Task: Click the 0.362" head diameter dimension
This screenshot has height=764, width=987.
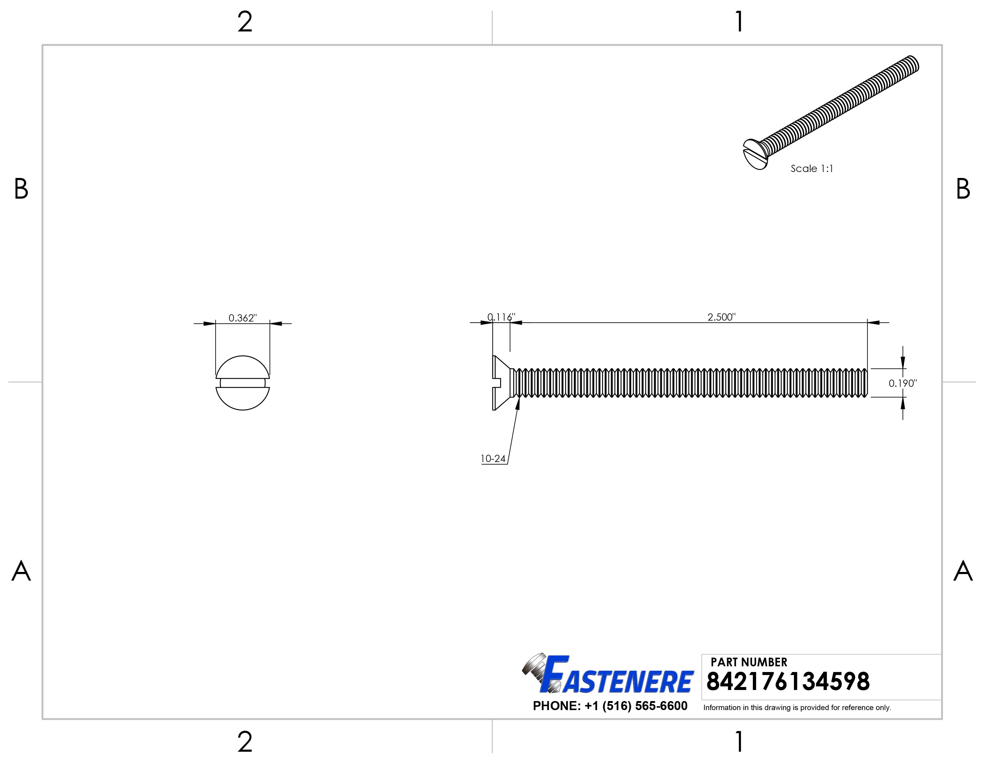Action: (242, 318)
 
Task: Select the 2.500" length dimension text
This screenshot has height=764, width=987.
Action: (721, 317)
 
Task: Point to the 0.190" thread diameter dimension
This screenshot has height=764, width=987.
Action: (902, 383)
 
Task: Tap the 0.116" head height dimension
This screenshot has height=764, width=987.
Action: (501, 317)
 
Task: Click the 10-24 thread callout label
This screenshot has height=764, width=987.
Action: (493, 459)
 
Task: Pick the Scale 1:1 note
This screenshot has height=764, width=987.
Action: (812, 168)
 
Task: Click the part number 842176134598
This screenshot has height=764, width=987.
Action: (787, 682)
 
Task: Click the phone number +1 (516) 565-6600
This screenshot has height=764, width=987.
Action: (610, 706)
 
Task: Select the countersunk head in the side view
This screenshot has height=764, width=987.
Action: (502, 383)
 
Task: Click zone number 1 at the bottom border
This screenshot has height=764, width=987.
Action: (739, 742)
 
